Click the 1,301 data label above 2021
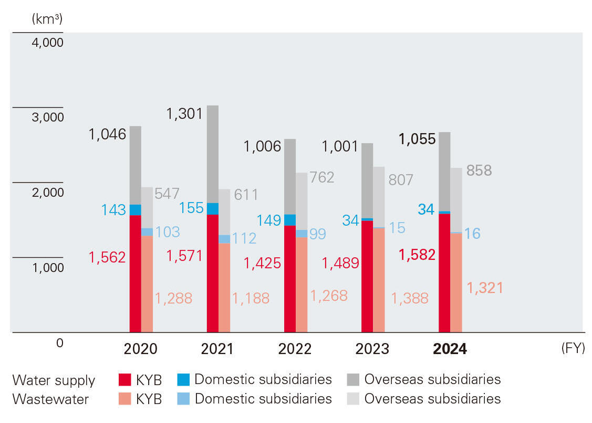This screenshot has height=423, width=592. click(184, 113)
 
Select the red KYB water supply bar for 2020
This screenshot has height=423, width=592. click(135, 274)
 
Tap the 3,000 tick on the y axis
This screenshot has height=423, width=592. click(47, 117)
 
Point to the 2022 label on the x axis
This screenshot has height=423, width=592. click(295, 349)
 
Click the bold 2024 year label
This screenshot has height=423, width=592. click(450, 349)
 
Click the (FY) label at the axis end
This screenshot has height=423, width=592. click(573, 348)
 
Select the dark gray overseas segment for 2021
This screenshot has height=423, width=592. click(212, 154)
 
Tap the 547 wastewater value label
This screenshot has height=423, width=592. click(168, 194)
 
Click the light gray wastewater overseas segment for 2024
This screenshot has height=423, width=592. click(456, 200)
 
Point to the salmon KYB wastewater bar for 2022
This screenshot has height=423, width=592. click(302, 285)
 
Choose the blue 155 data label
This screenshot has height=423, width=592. click(191, 208)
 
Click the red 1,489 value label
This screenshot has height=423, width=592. click(340, 263)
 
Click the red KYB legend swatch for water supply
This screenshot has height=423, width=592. click(125, 380)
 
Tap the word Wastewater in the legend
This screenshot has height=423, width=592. click(50, 399)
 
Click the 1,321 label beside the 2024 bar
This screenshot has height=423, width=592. click(485, 288)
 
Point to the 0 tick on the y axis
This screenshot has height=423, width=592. click(59, 343)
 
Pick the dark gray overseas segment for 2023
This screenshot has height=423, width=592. click(367, 180)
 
